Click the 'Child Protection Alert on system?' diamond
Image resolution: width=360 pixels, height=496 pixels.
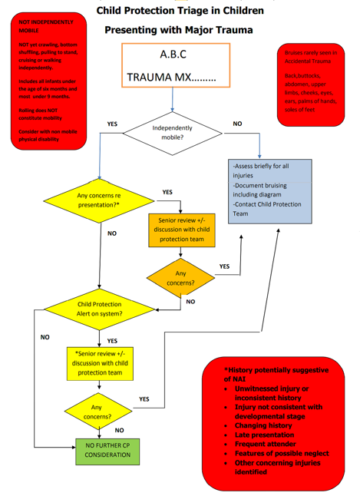coord(100,309)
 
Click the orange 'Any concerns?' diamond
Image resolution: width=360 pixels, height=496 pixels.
coord(181,279)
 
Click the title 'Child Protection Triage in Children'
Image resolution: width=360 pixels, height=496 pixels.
coord(180,11)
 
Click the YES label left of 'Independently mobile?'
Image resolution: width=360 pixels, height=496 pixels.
coord(112,124)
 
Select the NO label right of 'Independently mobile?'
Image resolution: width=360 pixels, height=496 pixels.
coord(237,123)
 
